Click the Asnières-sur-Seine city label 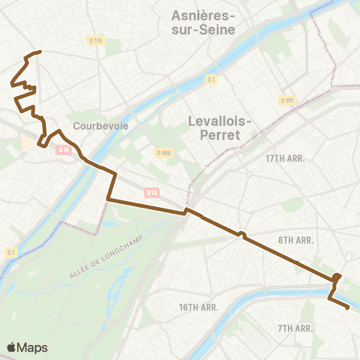click(x=203, y=22)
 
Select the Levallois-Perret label click(x=215, y=128)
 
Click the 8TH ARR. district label click(x=295, y=240)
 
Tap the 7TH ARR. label click(x=295, y=328)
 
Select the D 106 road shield click(x=95, y=40)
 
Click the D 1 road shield click(x=211, y=79)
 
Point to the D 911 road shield click(x=287, y=100)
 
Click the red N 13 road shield click(x=151, y=193)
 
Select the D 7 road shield click(x=10, y=253)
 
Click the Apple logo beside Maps click(x=11, y=347)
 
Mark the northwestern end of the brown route click(x=39, y=52)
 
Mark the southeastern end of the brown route click(x=348, y=307)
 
